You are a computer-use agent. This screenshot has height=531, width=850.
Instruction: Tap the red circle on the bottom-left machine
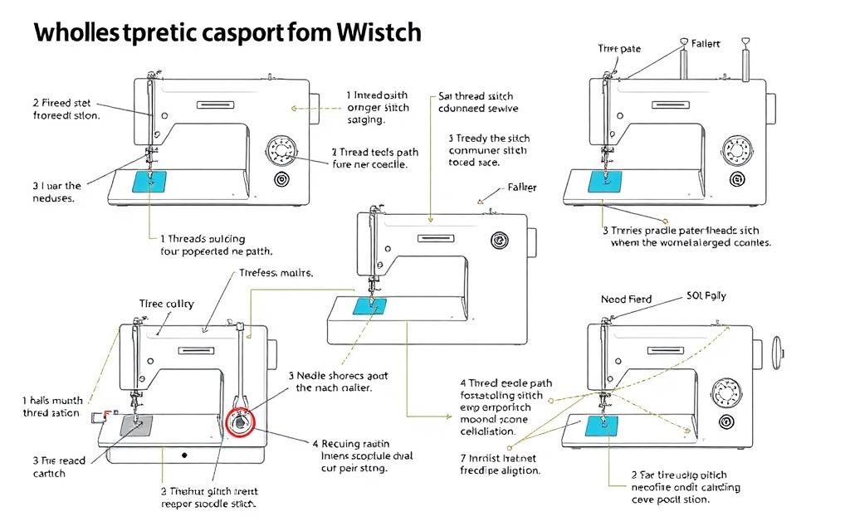tap(242, 421)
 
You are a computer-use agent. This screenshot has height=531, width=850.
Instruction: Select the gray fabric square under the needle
tap(137, 425)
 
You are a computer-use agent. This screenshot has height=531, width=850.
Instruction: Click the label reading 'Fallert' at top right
tap(706, 43)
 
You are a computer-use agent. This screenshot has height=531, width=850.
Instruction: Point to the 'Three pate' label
tap(619, 49)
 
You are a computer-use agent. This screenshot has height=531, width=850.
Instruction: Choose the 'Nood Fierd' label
tap(627, 299)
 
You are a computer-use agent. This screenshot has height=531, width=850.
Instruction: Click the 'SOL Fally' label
tap(707, 296)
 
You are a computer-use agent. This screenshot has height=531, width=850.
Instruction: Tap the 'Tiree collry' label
tap(167, 304)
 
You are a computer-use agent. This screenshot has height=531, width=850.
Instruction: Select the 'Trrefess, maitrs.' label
tap(276, 272)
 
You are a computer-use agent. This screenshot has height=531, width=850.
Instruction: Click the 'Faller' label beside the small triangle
tap(522, 188)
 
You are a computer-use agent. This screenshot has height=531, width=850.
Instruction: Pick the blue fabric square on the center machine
tap(370, 306)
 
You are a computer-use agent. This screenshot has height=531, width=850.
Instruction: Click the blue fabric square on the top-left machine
tap(150, 180)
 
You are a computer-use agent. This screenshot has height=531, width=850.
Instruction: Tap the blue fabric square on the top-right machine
tap(604, 182)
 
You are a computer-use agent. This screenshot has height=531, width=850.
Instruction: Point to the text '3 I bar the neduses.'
tap(56, 192)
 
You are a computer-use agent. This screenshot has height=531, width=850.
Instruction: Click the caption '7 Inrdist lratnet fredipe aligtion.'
tap(500, 464)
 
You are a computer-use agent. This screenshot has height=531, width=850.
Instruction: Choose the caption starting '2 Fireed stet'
tap(66, 110)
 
